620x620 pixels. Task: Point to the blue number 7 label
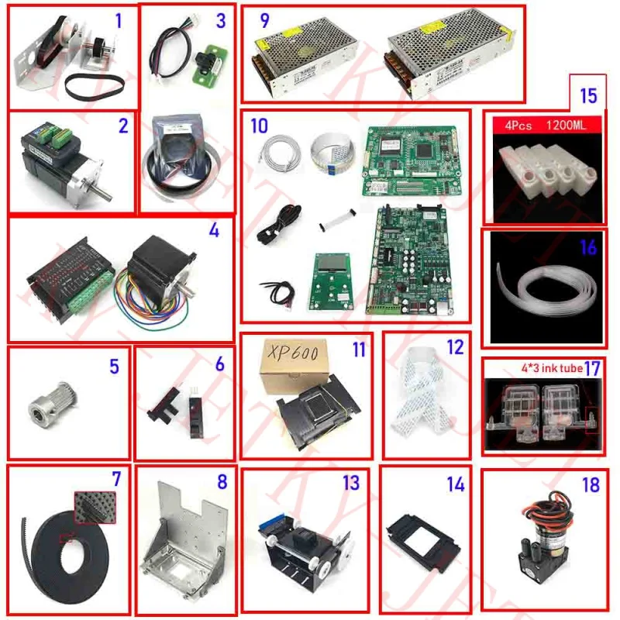pyautogui.click(x=116, y=479)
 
